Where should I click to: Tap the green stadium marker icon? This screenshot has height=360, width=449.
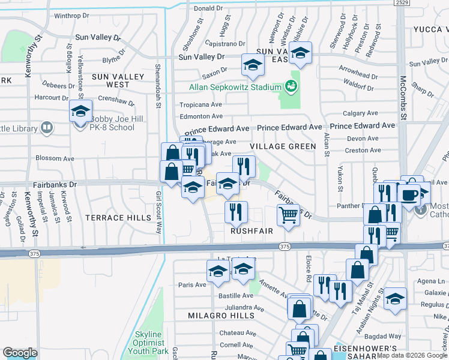[292, 86]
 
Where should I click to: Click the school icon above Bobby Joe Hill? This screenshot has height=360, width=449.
[80, 112]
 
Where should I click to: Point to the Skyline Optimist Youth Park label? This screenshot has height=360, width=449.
[148, 342]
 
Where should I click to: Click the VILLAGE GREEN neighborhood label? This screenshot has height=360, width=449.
[283, 146]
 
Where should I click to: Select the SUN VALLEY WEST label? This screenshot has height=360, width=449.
[118, 80]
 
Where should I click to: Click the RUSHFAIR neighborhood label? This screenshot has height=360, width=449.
[252, 230]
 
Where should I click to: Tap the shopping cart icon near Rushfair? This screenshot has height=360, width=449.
[289, 215]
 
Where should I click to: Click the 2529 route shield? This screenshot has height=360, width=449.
[402, 4]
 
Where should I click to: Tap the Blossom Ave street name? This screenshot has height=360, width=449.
[55, 159]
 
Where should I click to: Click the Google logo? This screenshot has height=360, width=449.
[19, 353]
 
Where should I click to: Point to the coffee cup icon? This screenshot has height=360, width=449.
[411, 195]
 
